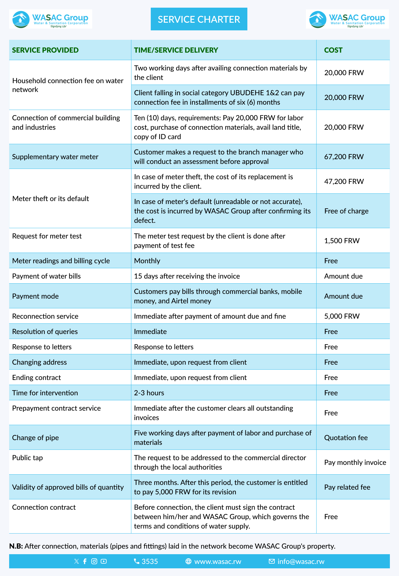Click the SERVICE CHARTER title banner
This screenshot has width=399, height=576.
pos(199,19)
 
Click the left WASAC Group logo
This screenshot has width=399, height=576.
pos(50,19)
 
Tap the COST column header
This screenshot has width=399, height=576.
pos(333,50)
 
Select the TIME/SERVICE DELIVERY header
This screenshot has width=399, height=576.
pos(176,50)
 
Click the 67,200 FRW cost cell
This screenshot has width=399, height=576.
pos(344,157)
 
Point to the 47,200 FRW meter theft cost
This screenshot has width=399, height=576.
pos(344,181)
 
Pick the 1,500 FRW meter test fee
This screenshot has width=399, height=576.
pos(342,241)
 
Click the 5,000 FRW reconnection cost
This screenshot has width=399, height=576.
pos(342,316)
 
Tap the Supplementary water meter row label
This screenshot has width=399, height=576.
pos(55,157)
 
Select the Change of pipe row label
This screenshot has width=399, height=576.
pos(35,438)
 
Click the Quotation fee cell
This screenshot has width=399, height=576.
pos(346,438)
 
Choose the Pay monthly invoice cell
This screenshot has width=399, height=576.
pos(355,462)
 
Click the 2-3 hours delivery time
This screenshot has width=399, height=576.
pos(149,393)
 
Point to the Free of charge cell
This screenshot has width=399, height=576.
pos(346,211)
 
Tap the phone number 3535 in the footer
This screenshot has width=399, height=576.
pos(149,561)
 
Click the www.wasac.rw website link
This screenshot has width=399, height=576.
pos(217,561)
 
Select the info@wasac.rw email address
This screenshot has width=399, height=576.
pos(301,561)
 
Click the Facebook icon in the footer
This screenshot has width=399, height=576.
pos(85,561)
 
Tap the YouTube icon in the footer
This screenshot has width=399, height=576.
pos(104,561)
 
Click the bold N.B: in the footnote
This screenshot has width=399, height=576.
pos(16,546)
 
